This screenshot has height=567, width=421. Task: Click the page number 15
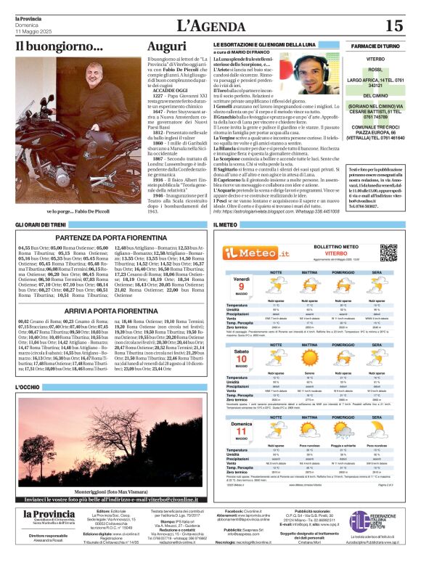point(393,25)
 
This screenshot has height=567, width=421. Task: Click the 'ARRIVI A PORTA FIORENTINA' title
point(110,310)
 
